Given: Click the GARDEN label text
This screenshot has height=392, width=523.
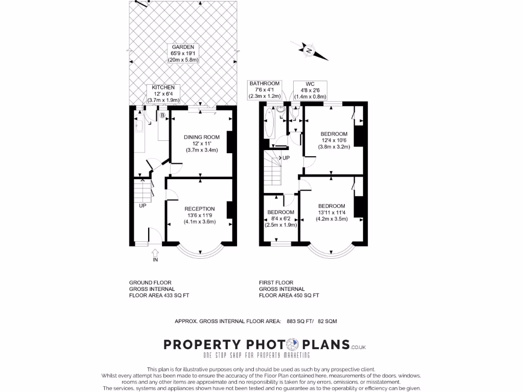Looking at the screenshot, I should click(183, 53).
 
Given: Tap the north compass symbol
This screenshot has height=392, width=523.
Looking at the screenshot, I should click(310, 50).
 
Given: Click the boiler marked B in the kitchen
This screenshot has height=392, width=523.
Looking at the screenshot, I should click(162, 115).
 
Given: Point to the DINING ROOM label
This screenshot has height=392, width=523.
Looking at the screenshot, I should click(202, 143).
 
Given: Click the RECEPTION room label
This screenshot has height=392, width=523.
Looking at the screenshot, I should click(199, 215).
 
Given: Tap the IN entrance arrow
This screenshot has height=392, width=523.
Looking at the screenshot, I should click(155, 255).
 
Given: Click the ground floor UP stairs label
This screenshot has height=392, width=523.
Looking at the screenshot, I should click(142, 206).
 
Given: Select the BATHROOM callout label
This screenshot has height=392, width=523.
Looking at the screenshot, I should click(265, 90).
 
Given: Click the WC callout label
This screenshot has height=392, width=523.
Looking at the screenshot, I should click(310, 90).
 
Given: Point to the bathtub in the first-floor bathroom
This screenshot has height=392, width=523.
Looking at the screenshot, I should click(270, 123).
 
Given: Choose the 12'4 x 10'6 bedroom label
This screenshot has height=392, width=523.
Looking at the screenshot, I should click(335, 139).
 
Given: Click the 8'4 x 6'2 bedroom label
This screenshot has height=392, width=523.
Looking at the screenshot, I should click(280, 218).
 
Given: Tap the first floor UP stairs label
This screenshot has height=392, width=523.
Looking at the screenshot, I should click(286, 158).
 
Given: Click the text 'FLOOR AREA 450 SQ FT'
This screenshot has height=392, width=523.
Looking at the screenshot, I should click(289, 295).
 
